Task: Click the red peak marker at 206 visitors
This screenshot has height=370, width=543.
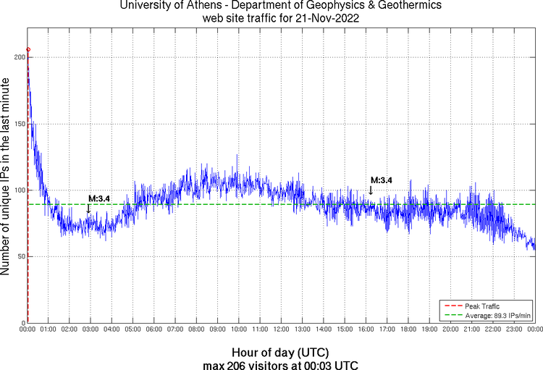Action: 28,50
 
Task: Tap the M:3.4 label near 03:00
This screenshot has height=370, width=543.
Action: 98,198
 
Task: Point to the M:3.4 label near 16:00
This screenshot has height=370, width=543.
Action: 381,180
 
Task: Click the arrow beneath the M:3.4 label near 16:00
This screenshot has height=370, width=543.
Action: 371,190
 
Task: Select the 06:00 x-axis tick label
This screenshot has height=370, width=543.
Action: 154,329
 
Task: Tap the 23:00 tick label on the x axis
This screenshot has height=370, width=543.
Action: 513,329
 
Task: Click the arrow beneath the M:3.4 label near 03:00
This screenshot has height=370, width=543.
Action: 89,209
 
